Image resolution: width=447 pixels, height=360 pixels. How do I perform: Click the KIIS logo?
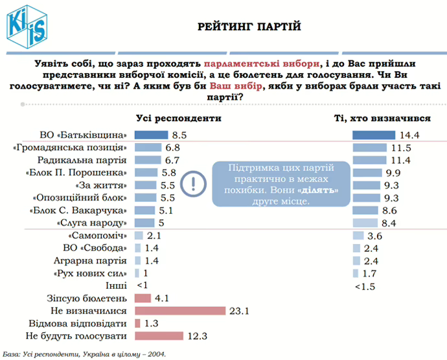tap(26, 26)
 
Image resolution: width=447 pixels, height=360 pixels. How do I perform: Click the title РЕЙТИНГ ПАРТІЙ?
tap(249, 27)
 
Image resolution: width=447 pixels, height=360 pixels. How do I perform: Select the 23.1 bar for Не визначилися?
tap(179, 310)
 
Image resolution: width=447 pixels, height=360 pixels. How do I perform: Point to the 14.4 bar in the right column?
tap(373, 135)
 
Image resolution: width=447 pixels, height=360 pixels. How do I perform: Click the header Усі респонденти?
tap(178, 118)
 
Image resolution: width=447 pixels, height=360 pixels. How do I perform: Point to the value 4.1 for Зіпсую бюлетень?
tap(162, 298)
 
